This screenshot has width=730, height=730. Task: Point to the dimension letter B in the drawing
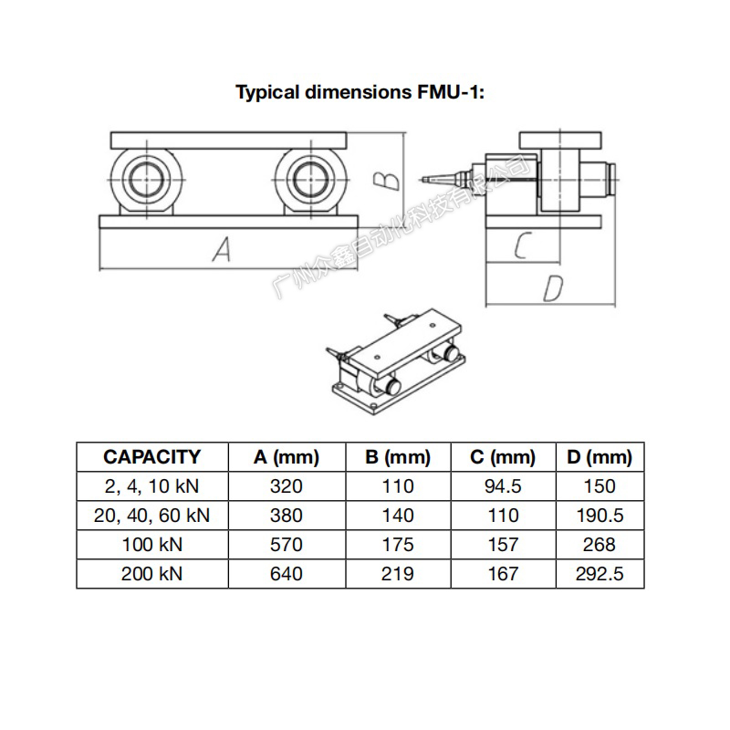click(x=389, y=176)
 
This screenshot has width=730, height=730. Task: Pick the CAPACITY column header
click(x=151, y=457)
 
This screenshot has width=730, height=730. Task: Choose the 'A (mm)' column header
click(x=286, y=457)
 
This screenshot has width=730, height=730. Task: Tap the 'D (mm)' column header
click(x=599, y=457)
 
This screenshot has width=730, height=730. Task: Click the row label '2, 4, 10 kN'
click(x=151, y=486)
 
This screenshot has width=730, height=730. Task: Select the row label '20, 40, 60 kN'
click(x=151, y=516)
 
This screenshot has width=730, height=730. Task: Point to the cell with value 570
click(x=286, y=545)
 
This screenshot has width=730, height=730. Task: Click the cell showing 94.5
click(x=503, y=486)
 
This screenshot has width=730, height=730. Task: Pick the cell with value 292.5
click(x=599, y=574)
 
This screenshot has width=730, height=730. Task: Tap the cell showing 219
click(x=397, y=574)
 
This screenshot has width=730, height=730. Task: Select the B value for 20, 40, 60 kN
click(x=397, y=516)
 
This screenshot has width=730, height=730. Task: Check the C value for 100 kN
click(x=503, y=545)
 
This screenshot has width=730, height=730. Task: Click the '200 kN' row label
click(x=151, y=574)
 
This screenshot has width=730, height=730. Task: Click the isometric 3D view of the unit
click(x=398, y=361)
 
